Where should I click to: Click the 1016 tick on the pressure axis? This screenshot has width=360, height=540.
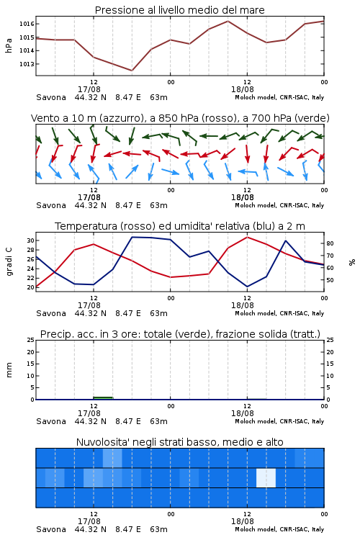(27, 24)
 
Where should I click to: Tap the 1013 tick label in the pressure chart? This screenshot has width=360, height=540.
(27, 64)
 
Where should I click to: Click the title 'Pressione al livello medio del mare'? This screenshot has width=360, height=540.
(180, 10)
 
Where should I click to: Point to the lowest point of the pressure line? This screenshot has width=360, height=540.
(132, 71)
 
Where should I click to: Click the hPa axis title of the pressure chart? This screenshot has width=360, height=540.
(9, 45)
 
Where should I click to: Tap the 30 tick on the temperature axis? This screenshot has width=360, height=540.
(30, 240)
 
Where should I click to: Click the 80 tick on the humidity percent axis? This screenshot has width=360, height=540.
(330, 243)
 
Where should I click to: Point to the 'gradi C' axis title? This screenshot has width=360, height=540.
(9, 262)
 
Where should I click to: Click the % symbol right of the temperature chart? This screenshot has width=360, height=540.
(352, 262)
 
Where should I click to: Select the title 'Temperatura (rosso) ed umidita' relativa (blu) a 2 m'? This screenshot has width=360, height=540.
(180, 226)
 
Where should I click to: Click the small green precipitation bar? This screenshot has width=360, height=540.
(103, 398)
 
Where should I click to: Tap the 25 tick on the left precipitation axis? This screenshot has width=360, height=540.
(30, 340)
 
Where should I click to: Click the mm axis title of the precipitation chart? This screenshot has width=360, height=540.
(9, 370)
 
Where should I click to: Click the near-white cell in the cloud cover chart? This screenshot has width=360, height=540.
(266, 478)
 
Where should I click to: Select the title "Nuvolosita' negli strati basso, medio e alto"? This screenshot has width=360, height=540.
(180, 442)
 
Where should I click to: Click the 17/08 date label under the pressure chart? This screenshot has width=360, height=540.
(89, 89)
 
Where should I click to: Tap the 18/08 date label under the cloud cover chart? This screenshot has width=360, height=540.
(243, 521)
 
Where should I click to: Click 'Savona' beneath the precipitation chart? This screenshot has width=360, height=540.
(51, 421)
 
